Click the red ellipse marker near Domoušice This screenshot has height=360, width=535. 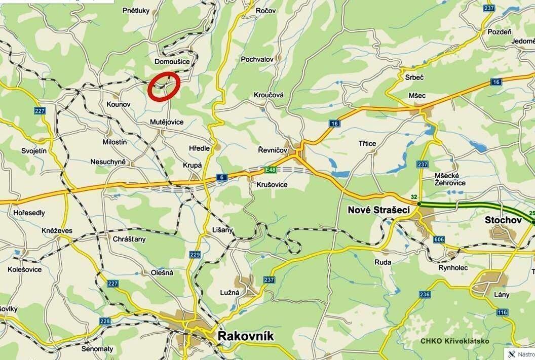click(164, 87)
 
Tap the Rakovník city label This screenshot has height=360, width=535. click(245, 336)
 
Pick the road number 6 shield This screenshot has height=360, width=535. click(221, 177)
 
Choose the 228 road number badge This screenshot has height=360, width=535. click(105, 321)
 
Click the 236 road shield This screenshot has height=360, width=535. click(425, 295)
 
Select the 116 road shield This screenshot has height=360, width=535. click(502, 312)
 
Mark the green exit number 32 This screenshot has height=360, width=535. click(414, 197)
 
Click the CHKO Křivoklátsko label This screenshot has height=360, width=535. click(455, 341)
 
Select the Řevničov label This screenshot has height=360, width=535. click(272, 150)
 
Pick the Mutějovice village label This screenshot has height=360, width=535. click(167, 123)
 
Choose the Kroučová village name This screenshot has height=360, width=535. click(269, 95)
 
